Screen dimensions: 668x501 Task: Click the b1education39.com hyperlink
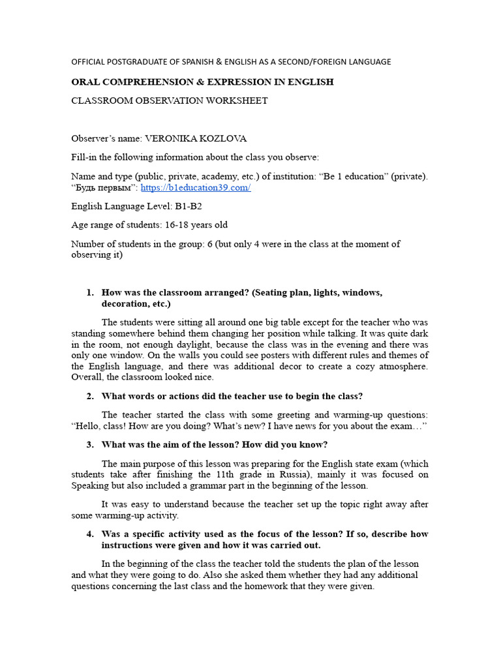[195, 188]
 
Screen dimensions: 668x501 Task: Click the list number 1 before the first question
[90, 293]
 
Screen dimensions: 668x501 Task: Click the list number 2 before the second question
[90, 397]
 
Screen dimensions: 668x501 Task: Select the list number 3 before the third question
[90, 445]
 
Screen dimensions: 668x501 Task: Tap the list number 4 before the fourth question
[90, 534]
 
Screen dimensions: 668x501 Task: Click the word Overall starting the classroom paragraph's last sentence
[87, 377]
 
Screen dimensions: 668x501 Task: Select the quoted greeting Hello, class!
[100, 426]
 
